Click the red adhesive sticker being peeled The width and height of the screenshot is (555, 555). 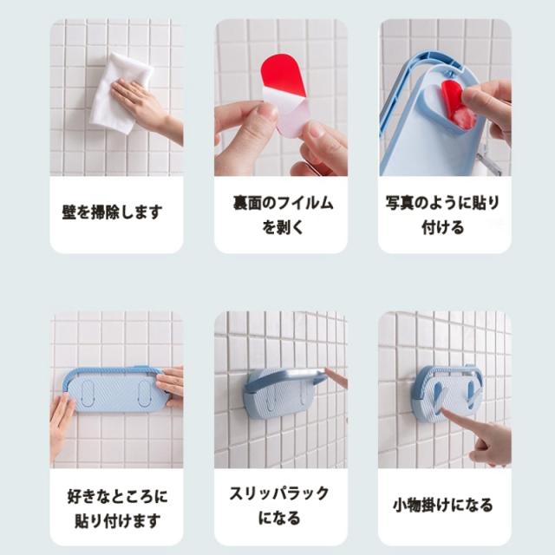pos(284,75)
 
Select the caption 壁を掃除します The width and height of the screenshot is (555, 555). pos(112,212)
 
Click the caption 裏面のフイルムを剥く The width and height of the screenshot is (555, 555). pos(283,215)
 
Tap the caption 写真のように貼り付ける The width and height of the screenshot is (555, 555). pos(442,215)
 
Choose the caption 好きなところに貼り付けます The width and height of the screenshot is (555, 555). pos(117,508)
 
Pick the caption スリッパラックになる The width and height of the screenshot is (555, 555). pos(279,506)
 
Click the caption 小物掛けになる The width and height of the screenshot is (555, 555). pos(443,505)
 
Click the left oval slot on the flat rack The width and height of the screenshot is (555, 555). pos(88,393)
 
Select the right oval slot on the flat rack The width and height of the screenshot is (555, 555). pos(144,393)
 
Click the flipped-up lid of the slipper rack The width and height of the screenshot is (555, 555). pos(287,378)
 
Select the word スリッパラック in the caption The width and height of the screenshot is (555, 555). pos(279,494)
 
